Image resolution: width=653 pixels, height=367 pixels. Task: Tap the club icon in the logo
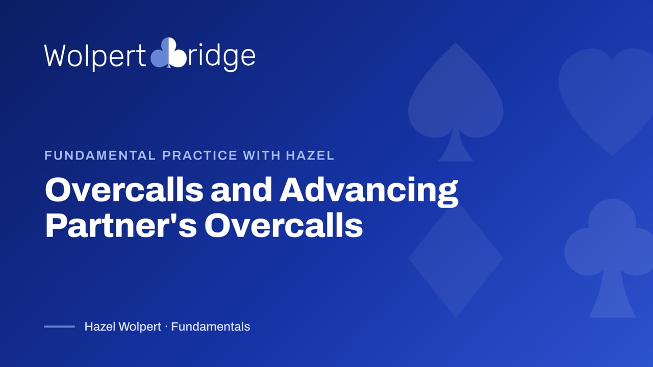[x=168, y=53]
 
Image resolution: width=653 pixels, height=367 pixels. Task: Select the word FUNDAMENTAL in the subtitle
[x=100, y=155]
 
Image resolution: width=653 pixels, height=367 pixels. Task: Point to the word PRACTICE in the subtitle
[x=199, y=155]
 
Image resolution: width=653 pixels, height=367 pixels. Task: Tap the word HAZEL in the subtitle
[x=310, y=155]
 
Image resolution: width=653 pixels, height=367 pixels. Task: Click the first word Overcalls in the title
[x=124, y=190]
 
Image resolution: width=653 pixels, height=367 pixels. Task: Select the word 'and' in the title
[x=241, y=190]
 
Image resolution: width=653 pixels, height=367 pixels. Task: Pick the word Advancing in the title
[x=369, y=192]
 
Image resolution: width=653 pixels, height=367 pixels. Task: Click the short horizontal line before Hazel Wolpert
[x=60, y=327]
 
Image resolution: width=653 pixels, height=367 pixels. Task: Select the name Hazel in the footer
[x=99, y=327]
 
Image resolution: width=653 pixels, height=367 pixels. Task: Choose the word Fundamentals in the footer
[x=211, y=327]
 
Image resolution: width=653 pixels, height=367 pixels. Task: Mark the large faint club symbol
[x=612, y=256]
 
